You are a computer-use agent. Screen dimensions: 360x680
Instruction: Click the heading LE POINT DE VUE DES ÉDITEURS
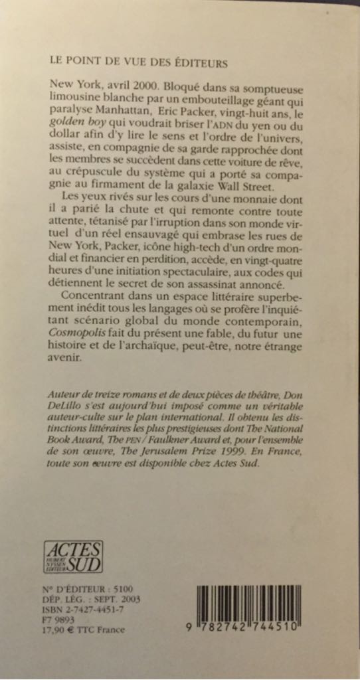coord(138,63)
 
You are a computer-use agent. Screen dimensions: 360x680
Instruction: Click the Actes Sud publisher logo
coord(73,556)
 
